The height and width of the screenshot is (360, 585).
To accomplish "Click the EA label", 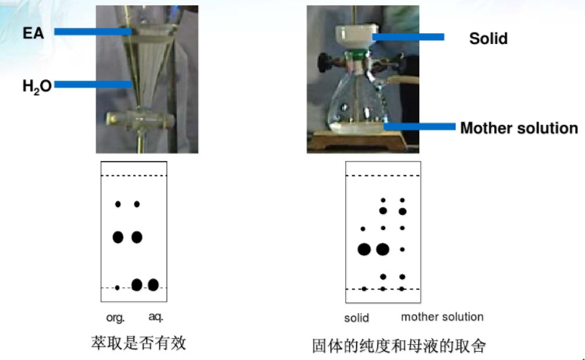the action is (x=33, y=33).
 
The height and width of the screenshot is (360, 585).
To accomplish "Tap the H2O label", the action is (x=37, y=86).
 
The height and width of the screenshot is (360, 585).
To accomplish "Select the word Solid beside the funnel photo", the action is (x=488, y=39).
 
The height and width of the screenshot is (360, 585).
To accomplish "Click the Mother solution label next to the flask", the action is (x=519, y=128).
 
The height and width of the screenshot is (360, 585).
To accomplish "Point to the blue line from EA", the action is (x=93, y=32).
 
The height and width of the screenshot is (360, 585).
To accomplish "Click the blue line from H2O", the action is (x=93, y=85).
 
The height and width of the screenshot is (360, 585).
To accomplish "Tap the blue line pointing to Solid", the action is (x=408, y=37).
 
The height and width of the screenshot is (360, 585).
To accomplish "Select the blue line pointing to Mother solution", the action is (x=420, y=127).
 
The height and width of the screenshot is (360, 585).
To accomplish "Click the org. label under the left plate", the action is (x=115, y=318).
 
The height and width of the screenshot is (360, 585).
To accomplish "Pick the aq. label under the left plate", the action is (x=156, y=317).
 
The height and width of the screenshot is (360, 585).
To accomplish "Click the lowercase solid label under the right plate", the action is (x=356, y=318).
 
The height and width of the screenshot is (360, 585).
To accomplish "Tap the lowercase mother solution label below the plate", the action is (x=442, y=317).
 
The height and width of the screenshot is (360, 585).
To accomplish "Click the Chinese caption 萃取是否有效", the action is (x=138, y=343).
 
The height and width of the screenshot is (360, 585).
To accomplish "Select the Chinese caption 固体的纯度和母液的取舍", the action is (x=399, y=346).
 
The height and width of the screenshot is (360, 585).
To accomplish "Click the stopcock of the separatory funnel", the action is (x=140, y=120).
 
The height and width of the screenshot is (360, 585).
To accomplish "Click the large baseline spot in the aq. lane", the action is (x=154, y=284).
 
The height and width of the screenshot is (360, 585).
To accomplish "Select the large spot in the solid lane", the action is (x=364, y=250).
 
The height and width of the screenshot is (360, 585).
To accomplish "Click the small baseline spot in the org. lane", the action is (x=117, y=287).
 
